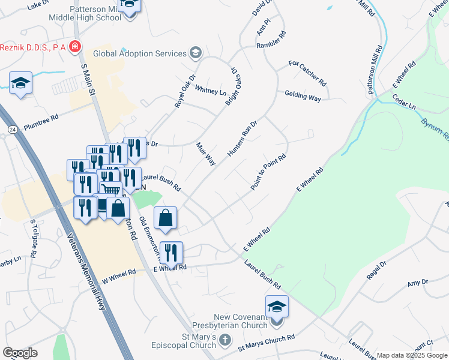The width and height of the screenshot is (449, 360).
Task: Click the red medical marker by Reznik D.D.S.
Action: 75,46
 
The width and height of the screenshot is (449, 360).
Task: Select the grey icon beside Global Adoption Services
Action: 195,53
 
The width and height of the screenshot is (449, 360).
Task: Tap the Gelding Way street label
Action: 303,96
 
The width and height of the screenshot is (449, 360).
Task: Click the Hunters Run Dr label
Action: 242,139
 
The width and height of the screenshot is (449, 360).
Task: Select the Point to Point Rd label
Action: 268,173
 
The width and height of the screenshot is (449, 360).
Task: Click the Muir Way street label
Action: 206,154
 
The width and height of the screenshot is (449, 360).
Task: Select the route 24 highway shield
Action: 12,130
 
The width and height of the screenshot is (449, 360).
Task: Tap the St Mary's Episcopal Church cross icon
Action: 225,341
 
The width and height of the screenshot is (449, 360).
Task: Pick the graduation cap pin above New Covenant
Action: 277,308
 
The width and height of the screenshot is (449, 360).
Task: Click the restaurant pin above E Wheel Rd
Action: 171,253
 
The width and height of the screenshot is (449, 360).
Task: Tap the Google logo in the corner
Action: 20,353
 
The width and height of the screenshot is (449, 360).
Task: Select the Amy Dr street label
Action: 417,283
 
